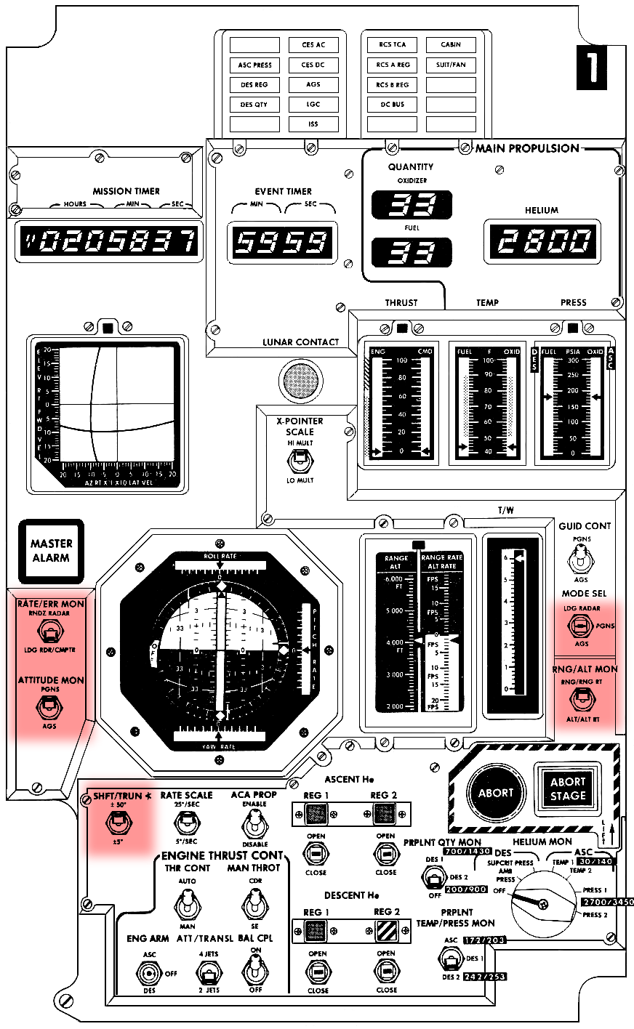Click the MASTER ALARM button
(x=51, y=551)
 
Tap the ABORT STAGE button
(x=568, y=788)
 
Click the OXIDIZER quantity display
(x=412, y=206)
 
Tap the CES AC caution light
(x=313, y=45)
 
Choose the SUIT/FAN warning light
(x=451, y=65)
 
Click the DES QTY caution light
(x=254, y=105)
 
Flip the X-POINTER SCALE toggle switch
(x=299, y=461)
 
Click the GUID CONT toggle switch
(x=581, y=560)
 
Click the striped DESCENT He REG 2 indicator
(x=386, y=931)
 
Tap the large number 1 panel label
(x=591, y=68)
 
